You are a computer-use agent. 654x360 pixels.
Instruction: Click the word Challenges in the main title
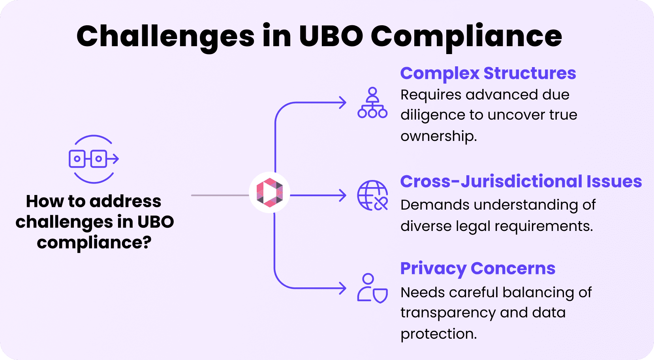pos(165,37)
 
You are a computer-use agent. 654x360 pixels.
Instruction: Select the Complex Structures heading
pos(488,73)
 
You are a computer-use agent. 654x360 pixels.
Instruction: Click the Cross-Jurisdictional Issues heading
pos(521,182)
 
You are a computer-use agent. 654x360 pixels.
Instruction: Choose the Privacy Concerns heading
pos(477,268)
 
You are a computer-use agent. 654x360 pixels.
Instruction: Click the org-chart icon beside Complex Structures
pos(372,103)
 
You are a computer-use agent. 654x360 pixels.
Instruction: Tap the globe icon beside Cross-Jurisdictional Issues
pos(372,195)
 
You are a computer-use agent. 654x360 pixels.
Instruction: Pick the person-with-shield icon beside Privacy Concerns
pos(372,289)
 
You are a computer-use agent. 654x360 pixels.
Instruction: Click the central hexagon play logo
pos(270,193)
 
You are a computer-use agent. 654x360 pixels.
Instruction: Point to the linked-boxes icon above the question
pos(94,159)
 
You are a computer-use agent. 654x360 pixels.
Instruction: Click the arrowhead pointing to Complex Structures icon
pos(342,103)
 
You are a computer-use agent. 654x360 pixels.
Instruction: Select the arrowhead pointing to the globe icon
pos(342,195)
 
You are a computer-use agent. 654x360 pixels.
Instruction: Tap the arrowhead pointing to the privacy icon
pos(342,288)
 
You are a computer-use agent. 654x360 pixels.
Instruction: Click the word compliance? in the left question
pos(94,242)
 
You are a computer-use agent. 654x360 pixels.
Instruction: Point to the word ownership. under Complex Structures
pos(438,136)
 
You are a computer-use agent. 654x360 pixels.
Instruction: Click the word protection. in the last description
pos(438,334)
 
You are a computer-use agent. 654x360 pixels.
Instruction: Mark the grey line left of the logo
pos(220,195)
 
